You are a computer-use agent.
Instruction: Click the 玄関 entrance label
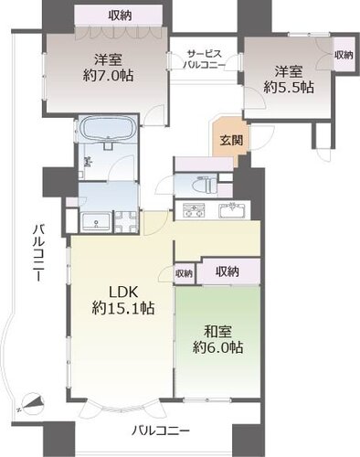click(x=231, y=140)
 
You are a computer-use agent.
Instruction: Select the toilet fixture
click(x=205, y=185)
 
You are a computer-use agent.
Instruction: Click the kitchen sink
click(x=232, y=210)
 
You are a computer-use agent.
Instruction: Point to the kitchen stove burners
click(x=193, y=210)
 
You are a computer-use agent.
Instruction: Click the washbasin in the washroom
click(x=96, y=223)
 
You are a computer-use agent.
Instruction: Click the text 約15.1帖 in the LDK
click(x=123, y=309)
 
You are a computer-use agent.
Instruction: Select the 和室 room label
click(x=217, y=332)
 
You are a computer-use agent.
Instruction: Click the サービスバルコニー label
click(x=204, y=59)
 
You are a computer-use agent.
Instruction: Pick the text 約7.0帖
click(x=108, y=75)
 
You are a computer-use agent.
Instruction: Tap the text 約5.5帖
click(x=289, y=88)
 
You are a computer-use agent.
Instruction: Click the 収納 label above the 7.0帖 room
click(x=120, y=16)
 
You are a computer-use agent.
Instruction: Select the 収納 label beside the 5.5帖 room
click(x=344, y=55)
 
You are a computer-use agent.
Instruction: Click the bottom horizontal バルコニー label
click(x=161, y=430)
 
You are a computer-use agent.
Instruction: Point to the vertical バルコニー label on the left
click(x=38, y=252)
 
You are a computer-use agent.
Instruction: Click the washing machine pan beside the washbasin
click(x=126, y=223)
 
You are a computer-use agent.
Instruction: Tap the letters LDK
click(x=123, y=292)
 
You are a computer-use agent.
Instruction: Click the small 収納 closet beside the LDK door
click(x=184, y=273)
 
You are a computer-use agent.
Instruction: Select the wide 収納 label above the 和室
click(x=228, y=271)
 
